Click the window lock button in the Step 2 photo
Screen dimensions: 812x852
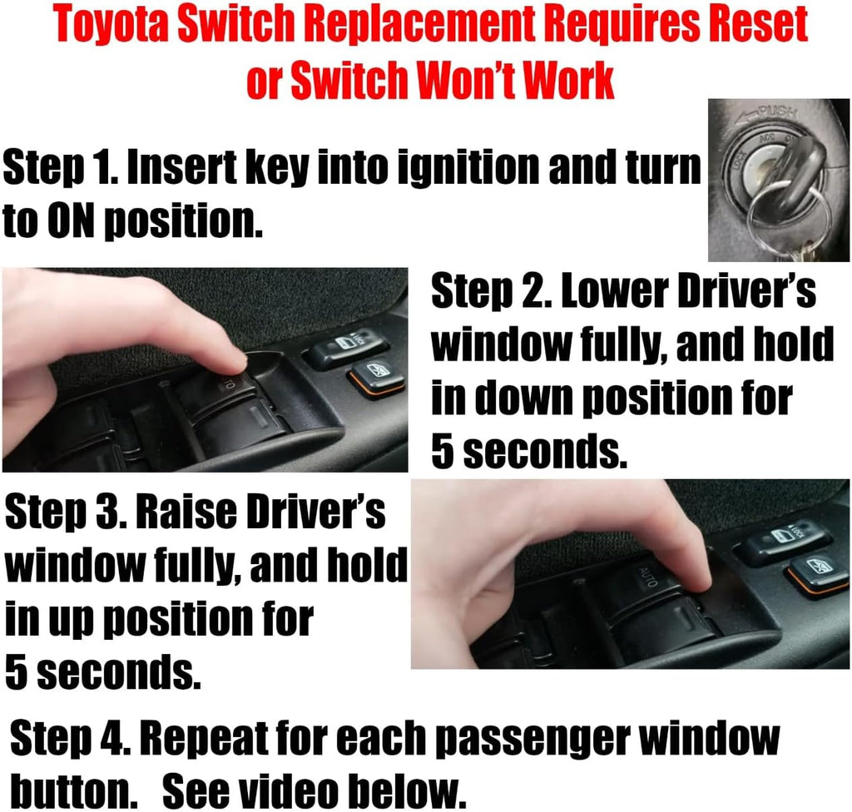coord(345,344)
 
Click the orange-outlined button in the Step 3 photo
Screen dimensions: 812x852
coord(817,572)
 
